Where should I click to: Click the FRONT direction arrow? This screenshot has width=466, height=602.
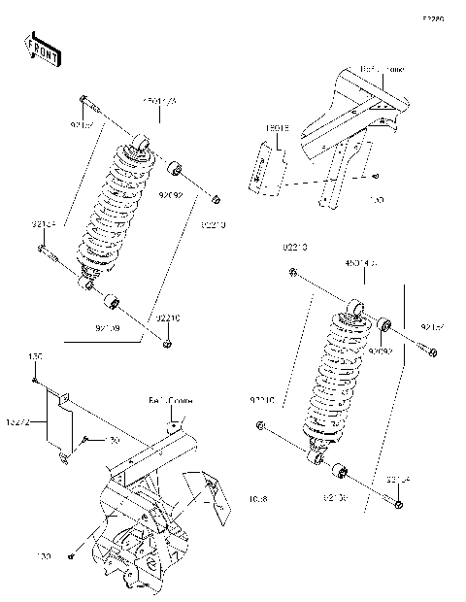coord(42,50)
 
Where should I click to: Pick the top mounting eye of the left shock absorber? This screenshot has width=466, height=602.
coord(143,146)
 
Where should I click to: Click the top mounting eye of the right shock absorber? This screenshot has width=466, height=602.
coord(358,309)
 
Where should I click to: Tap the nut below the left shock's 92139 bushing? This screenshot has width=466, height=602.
coord(168,342)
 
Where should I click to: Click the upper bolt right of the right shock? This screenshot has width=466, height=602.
coord(426,347)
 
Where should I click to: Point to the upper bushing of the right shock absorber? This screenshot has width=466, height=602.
coord(384,324)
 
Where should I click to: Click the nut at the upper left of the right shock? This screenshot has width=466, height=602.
coord(291,275)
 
